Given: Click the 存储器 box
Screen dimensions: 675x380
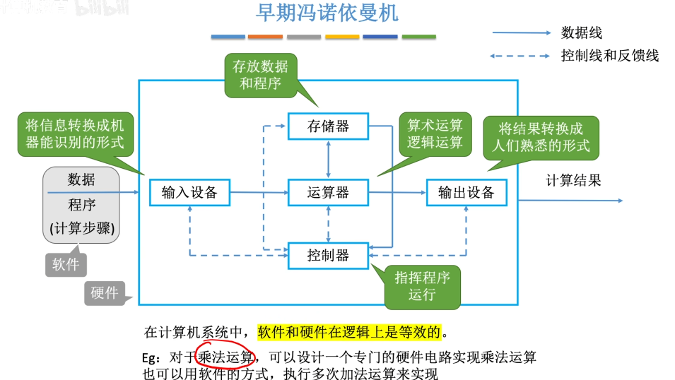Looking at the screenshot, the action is click(328, 126).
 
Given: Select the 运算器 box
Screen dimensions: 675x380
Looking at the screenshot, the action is click(328, 192).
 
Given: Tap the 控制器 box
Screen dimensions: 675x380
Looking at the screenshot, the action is click(328, 256).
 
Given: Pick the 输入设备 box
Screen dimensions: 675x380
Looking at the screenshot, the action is click(189, 192).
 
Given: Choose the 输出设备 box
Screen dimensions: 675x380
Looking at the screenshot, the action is click(466, 192).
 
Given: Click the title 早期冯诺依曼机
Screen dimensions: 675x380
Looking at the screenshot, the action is click(327, 13).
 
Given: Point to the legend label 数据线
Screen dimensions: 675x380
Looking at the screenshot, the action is click(581, 32).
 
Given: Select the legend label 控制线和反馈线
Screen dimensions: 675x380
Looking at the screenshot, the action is click(609, 56).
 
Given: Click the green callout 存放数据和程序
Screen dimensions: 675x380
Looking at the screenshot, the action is click(260, 76).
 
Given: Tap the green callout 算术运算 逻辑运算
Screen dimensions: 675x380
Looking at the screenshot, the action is click(435, 133).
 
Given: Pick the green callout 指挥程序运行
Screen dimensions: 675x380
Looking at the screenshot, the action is click(422, 287).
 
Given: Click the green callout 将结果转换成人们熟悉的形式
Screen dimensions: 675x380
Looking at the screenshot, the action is click(541, 137).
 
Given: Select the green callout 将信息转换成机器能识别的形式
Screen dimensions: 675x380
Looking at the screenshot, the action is click(76, 133).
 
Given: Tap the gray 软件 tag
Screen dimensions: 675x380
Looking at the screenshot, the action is click(66, 264).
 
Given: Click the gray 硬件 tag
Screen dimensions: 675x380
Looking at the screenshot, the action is click(105, 293).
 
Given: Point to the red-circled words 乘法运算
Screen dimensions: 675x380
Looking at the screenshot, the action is click(225, 357).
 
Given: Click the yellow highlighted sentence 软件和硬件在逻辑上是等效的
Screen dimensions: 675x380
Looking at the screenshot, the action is click(349, 332).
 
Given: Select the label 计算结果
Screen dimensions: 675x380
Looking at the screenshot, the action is click(573, 180).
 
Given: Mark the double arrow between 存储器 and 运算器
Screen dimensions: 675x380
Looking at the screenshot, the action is click(329, 159).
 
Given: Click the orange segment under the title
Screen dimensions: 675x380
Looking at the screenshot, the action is click(265, 37).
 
